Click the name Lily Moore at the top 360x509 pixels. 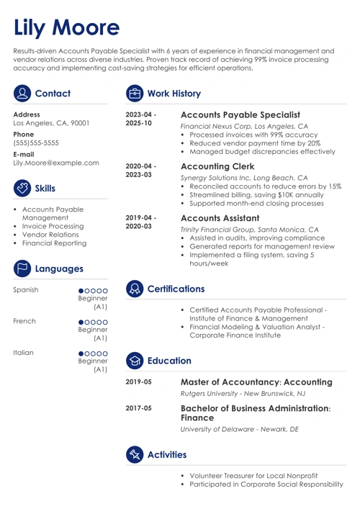point(66,27)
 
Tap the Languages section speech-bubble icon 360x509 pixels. point(22,269)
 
